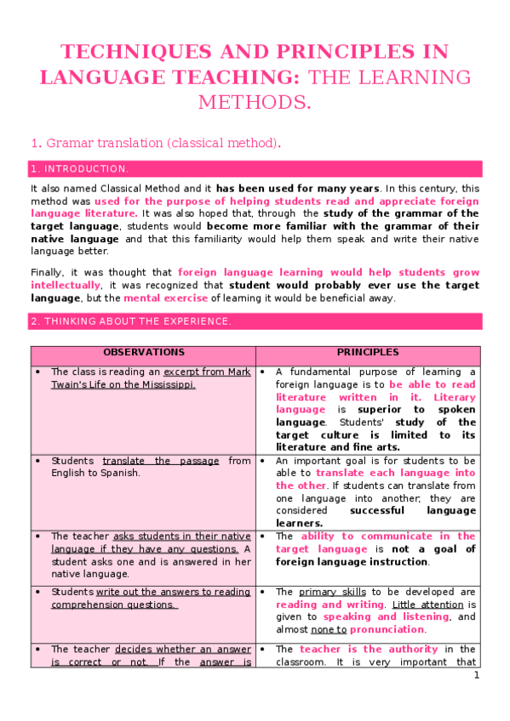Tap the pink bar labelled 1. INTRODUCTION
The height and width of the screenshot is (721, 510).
click(255, 168)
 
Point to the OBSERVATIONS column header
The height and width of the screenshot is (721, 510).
click(143, 352)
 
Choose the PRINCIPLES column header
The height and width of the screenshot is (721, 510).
click(367, 352)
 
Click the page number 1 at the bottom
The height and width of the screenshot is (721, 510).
click(477, 675)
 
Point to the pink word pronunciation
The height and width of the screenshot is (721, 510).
click(388, 629)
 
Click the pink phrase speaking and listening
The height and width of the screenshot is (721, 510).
click(385, 617)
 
